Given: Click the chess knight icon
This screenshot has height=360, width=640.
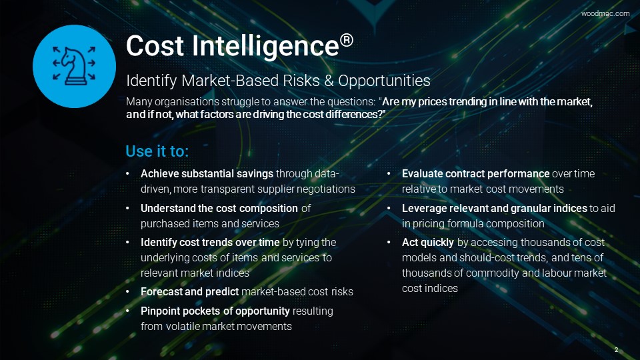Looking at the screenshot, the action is [x=74, y=66].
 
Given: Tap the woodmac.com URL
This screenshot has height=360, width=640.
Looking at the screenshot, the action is [x=605, y=13].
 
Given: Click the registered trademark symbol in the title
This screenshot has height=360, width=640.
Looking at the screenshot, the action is [x=347, y=40].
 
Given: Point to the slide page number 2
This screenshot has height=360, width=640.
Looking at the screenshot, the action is [x=616, y=350].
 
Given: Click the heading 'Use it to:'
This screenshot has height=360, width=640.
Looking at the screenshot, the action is [x=157, y=151].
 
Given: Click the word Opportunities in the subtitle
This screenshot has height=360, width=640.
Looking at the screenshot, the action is [x=384, y=81].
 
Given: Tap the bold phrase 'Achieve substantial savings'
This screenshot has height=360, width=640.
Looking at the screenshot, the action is [x=207, y=174].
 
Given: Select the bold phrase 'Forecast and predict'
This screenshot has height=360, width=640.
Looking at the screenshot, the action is [x=189, y=292].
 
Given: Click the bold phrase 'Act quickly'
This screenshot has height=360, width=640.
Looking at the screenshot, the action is [x=428, y=243].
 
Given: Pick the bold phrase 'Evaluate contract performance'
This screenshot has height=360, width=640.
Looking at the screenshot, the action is [x=475, y=174].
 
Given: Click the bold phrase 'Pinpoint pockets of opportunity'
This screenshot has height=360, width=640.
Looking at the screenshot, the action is [x=215, y=311].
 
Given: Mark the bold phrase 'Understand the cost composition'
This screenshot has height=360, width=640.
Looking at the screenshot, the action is [x=219, y=208].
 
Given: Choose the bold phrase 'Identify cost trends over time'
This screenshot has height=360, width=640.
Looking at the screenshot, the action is [x=210, y=243].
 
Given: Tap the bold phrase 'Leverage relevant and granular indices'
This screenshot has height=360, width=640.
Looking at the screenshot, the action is [x=494, y=209].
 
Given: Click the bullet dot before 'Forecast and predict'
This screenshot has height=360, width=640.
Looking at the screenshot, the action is [x=128, y=292].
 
